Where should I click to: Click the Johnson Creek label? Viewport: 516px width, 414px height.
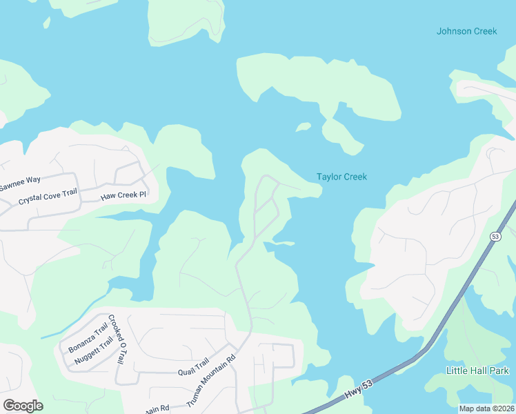466,31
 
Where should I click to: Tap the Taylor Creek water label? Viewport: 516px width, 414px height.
341,177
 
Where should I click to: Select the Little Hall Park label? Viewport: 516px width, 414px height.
477,371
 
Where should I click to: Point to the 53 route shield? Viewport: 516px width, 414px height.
495,237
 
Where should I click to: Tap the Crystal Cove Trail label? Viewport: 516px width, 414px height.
47,199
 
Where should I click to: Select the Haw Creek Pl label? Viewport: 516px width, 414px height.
124,195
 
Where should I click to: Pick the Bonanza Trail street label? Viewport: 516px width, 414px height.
88,337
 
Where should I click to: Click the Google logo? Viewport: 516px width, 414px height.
23,406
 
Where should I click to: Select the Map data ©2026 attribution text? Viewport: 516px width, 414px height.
486,408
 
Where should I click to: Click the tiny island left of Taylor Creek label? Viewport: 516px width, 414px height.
303,126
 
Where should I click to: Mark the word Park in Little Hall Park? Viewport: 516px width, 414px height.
497,371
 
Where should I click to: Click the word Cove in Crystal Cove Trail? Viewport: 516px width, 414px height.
48,199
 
